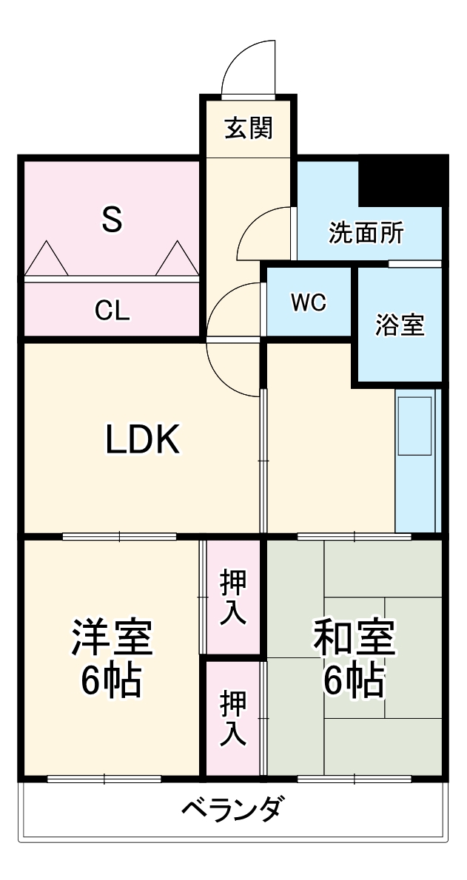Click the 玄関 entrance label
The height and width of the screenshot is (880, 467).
[x=248, y=128]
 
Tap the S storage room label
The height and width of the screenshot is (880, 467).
[x=111, y=219]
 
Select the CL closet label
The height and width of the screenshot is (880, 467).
[x=112, y=311]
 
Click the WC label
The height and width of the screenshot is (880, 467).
[x=308, y=303]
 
